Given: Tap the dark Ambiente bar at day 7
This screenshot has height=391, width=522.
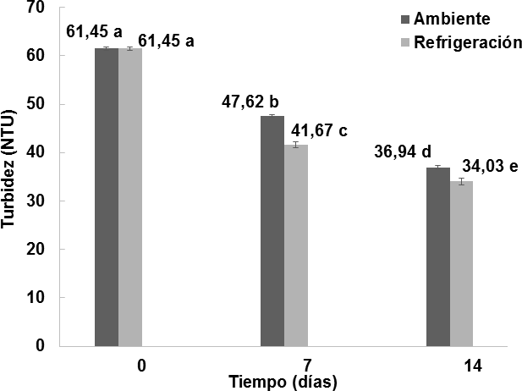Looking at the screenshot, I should click(x=272, y=230).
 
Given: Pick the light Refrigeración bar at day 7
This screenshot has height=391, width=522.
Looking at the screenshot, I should click(x=295, y=245).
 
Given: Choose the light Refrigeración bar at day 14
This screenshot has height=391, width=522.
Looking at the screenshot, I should click(x=461, y=263).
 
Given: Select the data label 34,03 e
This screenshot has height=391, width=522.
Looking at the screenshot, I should click(x=489, y=165).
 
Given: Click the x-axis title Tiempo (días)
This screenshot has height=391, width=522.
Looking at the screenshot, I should click(x=283, y=382).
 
